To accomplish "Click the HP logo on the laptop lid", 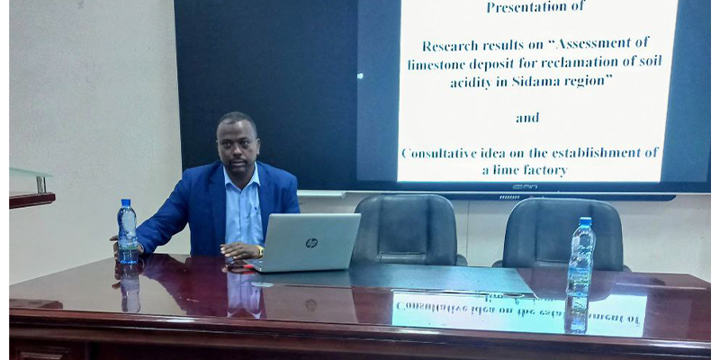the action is (311, 243).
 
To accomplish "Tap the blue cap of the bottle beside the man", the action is (126, 202).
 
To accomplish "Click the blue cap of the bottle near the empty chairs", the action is (585, 221).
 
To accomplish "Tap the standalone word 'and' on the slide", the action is (527, 118).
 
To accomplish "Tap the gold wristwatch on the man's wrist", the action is (261, 251).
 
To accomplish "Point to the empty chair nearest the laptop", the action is (408, 229).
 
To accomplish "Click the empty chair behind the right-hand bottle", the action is (560, 234).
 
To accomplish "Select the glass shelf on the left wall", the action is (30, 173).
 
